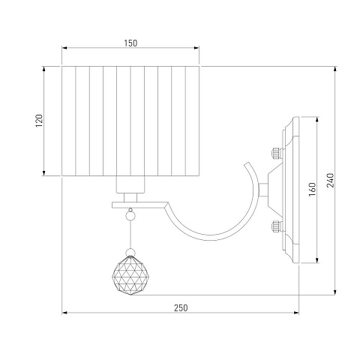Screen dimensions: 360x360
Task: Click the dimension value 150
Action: click(130, 43)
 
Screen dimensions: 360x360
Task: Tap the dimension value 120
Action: click(39, 121)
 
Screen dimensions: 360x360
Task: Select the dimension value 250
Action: click(181, 307)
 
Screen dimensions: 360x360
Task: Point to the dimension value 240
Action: click(330, 180)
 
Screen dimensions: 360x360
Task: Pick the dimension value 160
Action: click(312, 189)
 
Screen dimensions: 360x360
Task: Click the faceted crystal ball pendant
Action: click(131, 275)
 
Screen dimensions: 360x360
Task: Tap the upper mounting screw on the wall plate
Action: click(277, 153)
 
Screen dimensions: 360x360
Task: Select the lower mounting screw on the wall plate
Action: click(277, 226)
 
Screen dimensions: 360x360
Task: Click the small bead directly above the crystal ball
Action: click(130, 252)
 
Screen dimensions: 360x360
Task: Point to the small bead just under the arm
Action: click(130, 215)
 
